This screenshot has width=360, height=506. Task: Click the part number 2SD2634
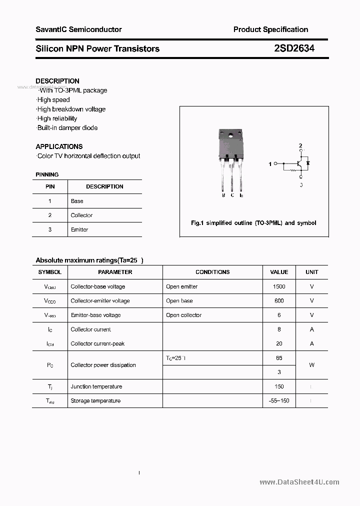(x=294, y=48)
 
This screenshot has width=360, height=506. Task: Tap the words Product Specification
(x=270, y=29)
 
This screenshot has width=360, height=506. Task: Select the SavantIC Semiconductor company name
(x=78, y=29)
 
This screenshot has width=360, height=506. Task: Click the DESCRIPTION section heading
(x=57, y=81)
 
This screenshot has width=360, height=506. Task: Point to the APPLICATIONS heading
(x=59, y=146)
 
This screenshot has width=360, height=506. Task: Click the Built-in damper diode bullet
(x=67, y=128)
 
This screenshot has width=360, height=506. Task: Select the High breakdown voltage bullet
(x=71, y=109)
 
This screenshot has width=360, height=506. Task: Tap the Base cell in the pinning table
(x=77, y=201)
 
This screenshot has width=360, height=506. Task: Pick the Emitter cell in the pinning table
(x=79, y=229)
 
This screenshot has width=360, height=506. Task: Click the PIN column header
(x=50, y=186)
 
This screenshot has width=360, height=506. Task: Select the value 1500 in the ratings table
(x=279, y=286)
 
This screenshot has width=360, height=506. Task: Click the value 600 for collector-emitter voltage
(x=279, y=301)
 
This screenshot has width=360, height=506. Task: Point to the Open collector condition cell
(x=183, y=315)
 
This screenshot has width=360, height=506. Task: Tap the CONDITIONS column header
(x=212, y=272)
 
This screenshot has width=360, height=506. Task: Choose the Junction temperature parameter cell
(x=96, y=386)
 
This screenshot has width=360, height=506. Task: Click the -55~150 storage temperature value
(x=279, y=401)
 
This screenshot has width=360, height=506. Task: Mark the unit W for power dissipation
(x=311, y=365)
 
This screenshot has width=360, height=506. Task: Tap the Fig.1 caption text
(x=253, y=223)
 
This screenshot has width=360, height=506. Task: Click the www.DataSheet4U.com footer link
(x=299, y=482)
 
